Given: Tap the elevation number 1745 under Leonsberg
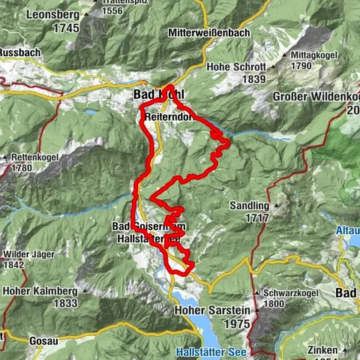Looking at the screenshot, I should point(65,28).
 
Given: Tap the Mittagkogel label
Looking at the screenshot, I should point(311,55).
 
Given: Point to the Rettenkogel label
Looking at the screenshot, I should point(28,157).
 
